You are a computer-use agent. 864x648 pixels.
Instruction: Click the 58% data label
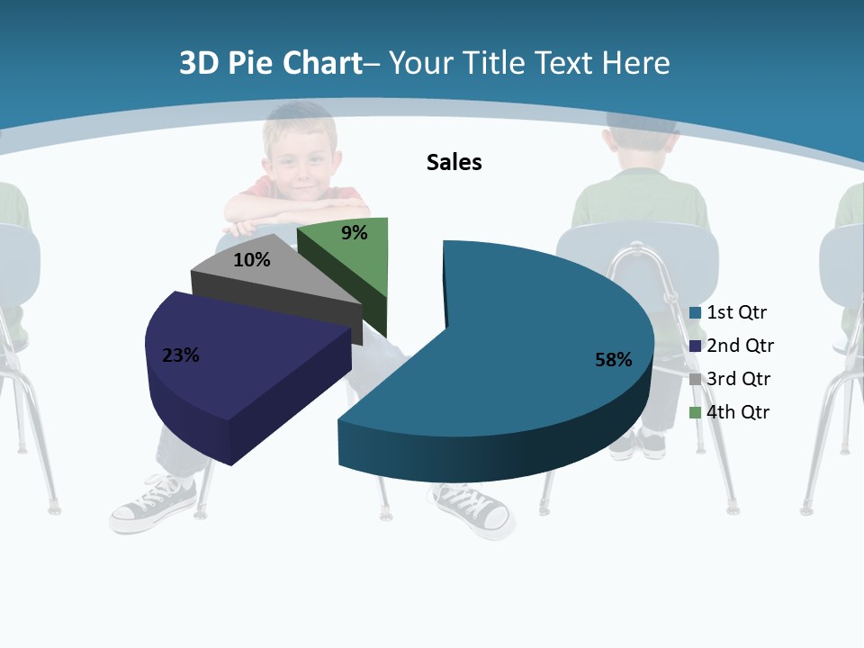point(613,360)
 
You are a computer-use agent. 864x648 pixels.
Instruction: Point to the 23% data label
point(180,355)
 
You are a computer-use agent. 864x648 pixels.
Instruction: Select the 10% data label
point(251,260)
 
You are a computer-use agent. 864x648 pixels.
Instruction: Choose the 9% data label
point(355,233)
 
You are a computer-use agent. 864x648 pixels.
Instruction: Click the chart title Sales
point(454,162)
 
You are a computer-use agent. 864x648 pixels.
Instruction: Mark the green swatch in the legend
point(695,412)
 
